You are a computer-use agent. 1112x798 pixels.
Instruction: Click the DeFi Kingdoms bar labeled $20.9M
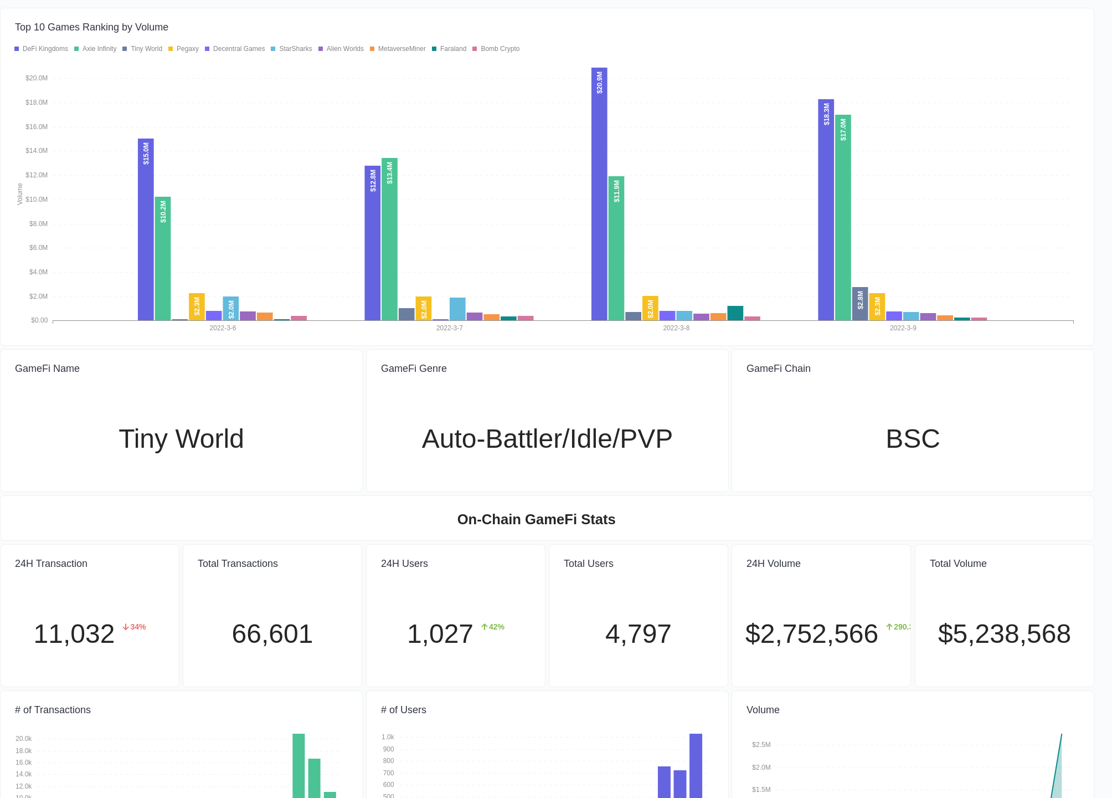click(599, 194)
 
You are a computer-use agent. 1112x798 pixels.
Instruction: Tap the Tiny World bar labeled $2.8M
click(859, 304)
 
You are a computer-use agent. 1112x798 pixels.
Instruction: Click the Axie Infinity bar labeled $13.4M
click(389, 239)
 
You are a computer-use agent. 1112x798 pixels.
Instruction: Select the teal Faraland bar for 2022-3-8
click(735, 313)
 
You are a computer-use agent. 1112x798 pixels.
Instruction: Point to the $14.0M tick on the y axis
click(37, 151)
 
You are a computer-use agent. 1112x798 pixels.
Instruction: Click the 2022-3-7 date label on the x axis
click(449, 328)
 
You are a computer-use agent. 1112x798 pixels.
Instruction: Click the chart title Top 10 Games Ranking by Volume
click(91, 27)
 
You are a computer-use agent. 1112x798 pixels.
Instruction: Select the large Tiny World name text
click(181, 439)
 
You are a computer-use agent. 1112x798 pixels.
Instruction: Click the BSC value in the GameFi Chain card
click(913, 439)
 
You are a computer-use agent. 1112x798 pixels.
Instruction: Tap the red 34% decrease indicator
click(135, 627)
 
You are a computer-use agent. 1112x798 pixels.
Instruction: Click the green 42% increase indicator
click(493, 627)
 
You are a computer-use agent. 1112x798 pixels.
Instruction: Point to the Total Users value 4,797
click(638, 634)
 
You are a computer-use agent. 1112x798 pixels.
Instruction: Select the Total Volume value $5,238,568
click(1004, 634)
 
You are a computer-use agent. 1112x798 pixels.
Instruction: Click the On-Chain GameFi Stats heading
click(536, 519)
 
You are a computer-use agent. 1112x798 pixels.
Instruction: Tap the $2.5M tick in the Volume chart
click(761, 745)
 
